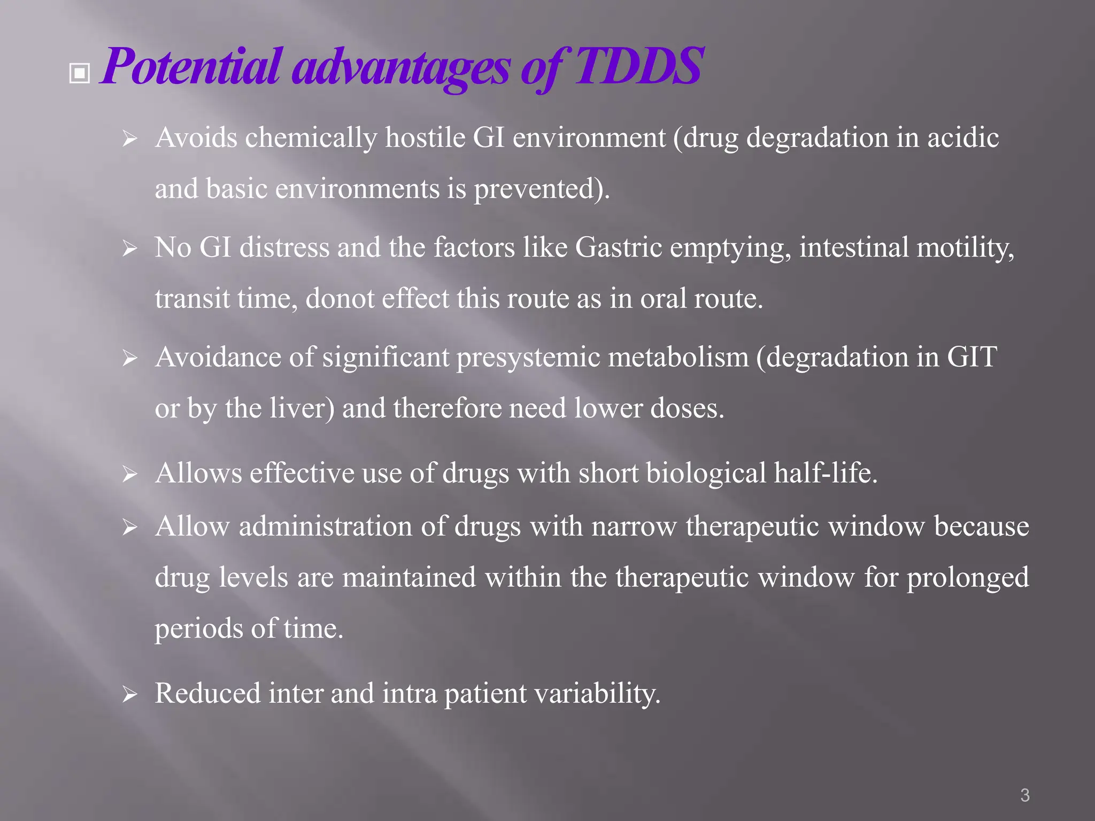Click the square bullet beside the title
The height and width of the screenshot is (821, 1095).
pyautogui.click(x=80, y=74)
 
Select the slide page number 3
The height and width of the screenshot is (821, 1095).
pyautogui.click(x=1024, y=795)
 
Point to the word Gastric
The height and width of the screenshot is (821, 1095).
pyautogui.click(x=619, y=248)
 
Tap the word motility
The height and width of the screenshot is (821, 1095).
pyautogui.click(x=965, y=248)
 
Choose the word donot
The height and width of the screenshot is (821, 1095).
pyautogui.click(x=340, y=299)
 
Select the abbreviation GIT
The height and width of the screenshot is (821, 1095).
pyautogui.click(x=971, y=357)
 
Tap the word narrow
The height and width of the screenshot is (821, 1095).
pyautogui.click(x=634, y=526)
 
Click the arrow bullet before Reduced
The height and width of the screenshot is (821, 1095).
pyautogui.click(x=129, y=695)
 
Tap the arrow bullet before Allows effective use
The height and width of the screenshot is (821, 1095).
pyautogui.click(x=129, y=474)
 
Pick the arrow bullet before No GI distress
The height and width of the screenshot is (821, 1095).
pyautogui.click(x=129, y=249)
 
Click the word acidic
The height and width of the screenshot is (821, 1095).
pyautogui.click(x=962, y=138)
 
